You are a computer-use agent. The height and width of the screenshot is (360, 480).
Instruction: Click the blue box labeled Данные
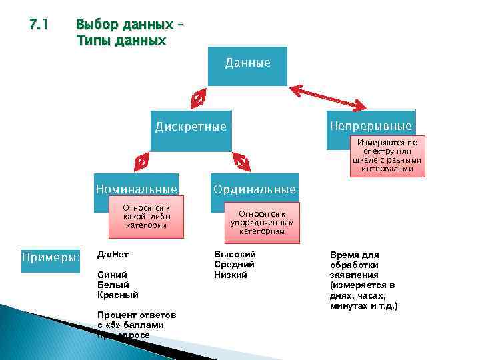click(x=247, y=65)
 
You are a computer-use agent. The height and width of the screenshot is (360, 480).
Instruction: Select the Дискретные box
click(x=191, y=126)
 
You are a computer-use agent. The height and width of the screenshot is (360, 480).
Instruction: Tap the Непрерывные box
click(x=371, y=125)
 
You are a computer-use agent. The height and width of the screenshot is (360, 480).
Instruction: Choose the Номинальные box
click(x=136, y=189)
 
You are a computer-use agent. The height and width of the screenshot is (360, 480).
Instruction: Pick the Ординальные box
click(x=254, y=189)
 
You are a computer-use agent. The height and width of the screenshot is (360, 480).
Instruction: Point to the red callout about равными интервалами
click(x=387, y=156)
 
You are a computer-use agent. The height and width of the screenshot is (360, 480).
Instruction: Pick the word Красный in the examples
click(x=118, y=294)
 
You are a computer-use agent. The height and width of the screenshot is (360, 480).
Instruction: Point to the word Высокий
click(x=234, y=254)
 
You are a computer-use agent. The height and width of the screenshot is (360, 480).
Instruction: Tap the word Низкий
click(x=231, y=275)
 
